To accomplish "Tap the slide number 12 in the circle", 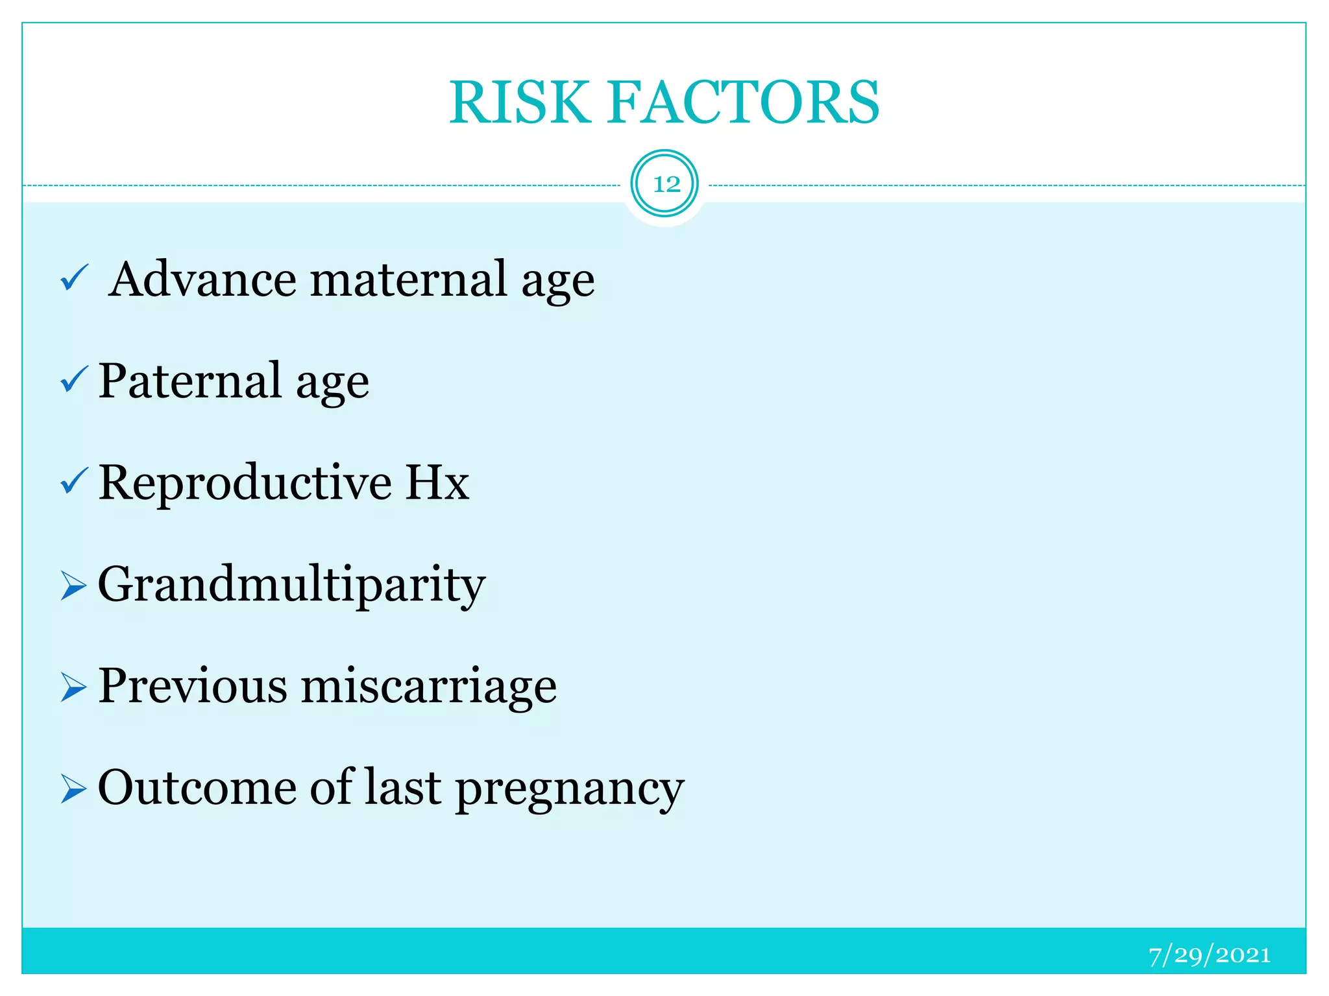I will pyautogui.click(x=666, y=184).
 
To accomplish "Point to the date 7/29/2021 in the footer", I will pyautogui.click(x=1209, y=955).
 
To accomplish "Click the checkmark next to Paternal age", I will pyautogui.click(x=74, y=380).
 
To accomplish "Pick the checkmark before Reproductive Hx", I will pyautogui.click(x=74, y=481).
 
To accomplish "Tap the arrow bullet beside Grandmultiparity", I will pyautogui.click(x=73, y=585).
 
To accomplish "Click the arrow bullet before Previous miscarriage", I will pyautogui.click(x=73, y=687).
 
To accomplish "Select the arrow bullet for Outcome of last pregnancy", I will pyautogui.click(x=73, y=788).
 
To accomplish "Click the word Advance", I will pyautogui.click(x=202, y=280).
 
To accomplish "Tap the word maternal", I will pyautogui.click(x=408, y=280).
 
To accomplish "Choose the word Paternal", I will pyautogui.click(x=190, y=381).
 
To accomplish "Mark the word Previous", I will pyautogui.click(x=193, y=686).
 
